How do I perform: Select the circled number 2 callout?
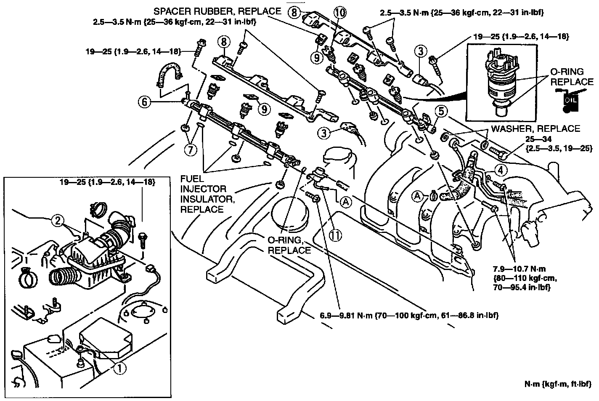coord(58,219)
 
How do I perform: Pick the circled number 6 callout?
coord(145,101)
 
